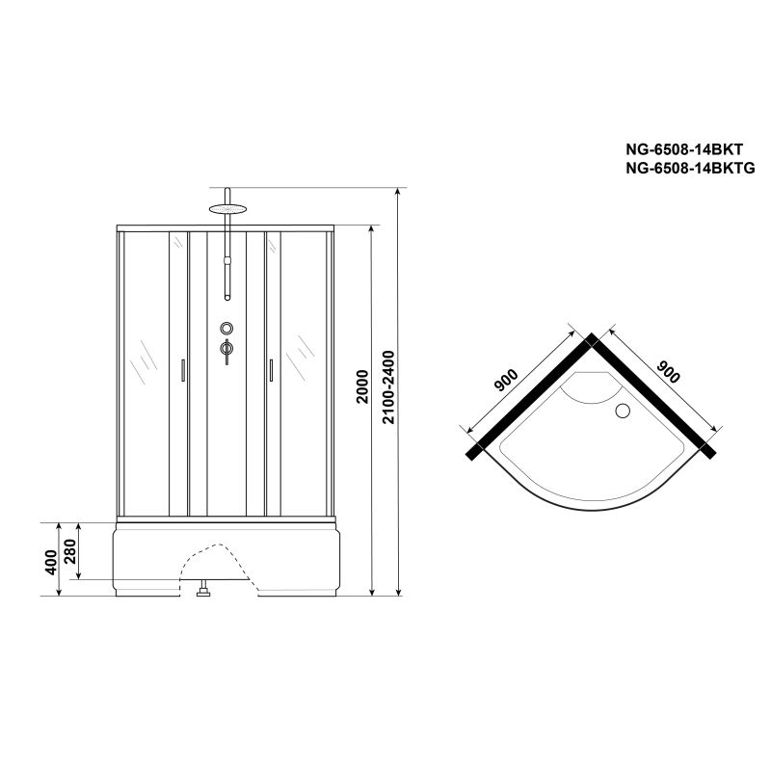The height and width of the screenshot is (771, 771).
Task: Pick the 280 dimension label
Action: [x=71, y=551]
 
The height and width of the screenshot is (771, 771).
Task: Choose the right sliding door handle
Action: [x=271, y=372]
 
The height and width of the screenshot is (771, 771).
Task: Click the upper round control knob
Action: [x=226, y=327]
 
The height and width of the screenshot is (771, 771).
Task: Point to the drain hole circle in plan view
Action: [x=621, y=412]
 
